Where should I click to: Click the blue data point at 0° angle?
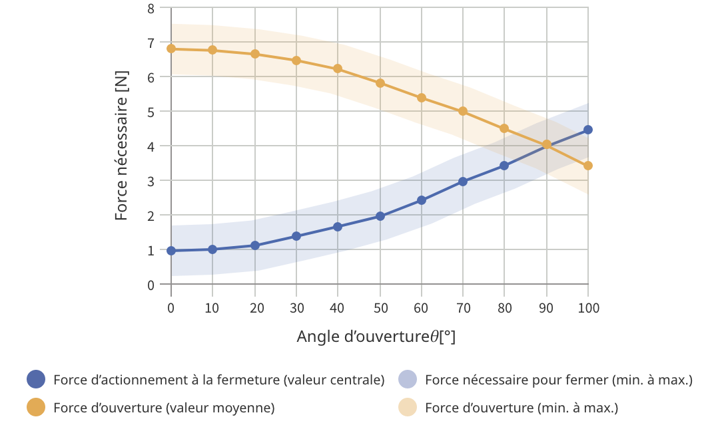(x=171, y=251)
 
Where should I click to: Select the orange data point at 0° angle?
(x=171, y=49)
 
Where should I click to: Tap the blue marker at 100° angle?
(x=588, y=130)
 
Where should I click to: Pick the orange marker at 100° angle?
(x=588, y=166)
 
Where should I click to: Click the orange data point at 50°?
(x=380, y=83)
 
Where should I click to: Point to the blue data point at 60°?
(x=422, y=200)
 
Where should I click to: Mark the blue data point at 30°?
(x=296, y=236)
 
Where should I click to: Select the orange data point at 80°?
(x=504, y=128)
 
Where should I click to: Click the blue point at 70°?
(x=463, y=181)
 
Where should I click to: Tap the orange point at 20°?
(x=255, y=54)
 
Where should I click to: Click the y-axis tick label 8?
(x=151, y=9)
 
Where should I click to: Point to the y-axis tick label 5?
(x=151, y=112)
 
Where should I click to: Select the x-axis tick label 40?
(x=338, y=308)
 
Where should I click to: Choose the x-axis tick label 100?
(x=588, y=308)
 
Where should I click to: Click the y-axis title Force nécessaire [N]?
(x=121, y=146)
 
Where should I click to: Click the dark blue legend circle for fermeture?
(x=36, y=380)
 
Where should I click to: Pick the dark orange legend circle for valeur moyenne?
(x=36, y=408)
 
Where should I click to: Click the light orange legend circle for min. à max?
(x=407, y=408)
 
